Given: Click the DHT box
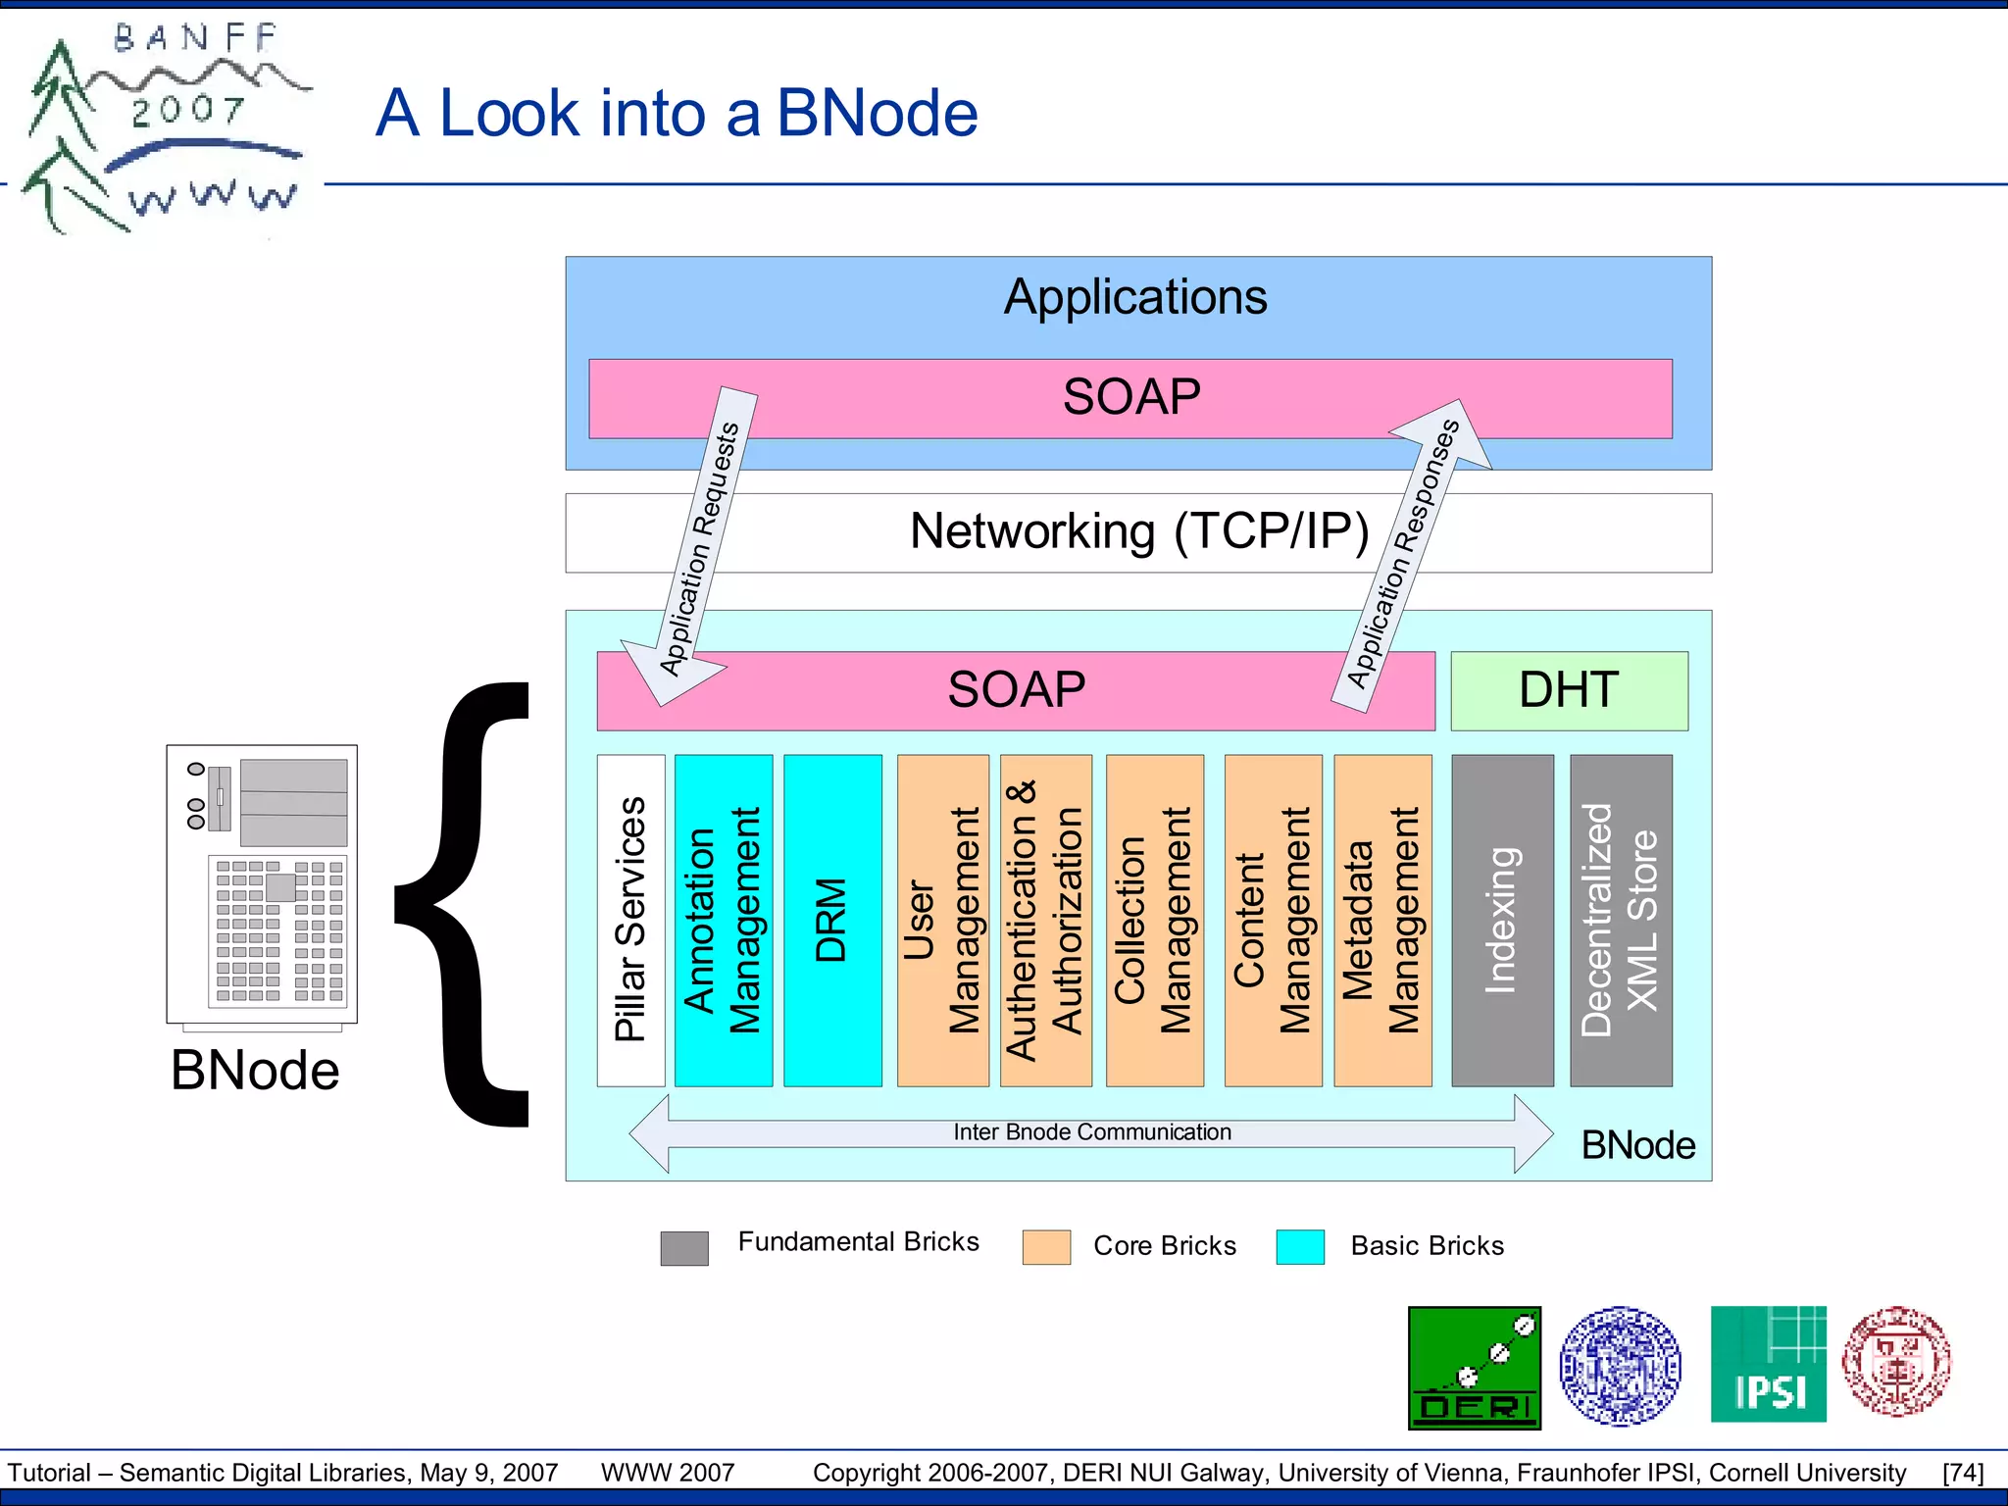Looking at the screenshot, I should pos(1568,690).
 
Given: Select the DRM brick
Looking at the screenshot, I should pos(831,920).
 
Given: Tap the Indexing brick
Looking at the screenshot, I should pos(1501,920).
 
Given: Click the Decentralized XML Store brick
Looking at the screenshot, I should pos(1620,920).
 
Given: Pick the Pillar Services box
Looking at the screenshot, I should pos(630,920).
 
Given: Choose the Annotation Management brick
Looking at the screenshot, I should pos(723,920).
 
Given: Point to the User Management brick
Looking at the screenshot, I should pos(942,920).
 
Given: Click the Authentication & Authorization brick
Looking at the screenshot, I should pos(1045,920).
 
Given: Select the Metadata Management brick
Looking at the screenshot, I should pos(1381,920).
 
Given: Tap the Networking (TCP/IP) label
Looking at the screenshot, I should pos(1138,531).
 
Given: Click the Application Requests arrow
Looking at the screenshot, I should pos(699,549).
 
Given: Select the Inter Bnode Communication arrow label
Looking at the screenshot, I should pos(1091,1132).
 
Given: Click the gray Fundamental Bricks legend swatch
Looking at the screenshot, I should pos(684,1248).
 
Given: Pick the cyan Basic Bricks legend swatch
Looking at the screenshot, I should pos(1300,1247).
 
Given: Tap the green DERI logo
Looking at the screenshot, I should pos(1474,1368).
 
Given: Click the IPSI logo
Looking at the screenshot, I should pos(1768,1364).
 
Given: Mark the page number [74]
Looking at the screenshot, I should pos(1962,1473).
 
